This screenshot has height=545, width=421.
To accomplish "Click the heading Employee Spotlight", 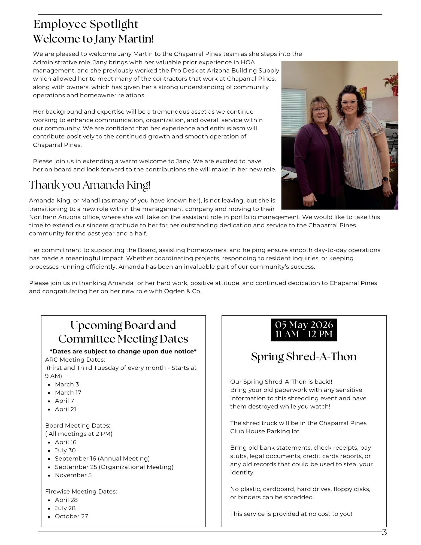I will (x=86, y=24).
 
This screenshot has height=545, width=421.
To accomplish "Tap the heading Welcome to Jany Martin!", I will (x=93, y=39).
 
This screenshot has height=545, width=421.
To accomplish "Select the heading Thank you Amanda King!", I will (x=90, y=185).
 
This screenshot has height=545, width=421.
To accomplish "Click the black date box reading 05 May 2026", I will (x=304, y=329).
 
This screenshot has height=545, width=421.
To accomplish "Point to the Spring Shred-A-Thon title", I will (x=304, y=357).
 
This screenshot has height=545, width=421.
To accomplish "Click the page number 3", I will (x=384, y=532).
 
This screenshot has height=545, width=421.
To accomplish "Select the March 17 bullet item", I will (x=68, y=393).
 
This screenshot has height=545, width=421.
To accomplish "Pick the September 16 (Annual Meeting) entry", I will (x=102, y=459).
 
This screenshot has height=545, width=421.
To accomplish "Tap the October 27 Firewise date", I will (x=71, y=516).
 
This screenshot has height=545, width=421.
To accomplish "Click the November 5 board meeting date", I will (x=73, y=475).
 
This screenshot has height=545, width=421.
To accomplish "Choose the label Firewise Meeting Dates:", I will (x=81, y=492).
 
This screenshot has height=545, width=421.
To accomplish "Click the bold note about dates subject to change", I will (x=123, y=352).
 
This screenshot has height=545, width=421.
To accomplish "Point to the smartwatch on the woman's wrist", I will (x=386, y=179).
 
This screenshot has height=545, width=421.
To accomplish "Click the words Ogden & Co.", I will (x=182, y=291).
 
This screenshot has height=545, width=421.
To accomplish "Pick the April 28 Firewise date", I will (x=66, y=500).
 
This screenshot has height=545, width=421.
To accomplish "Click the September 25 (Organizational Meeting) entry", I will (x=114, y=467).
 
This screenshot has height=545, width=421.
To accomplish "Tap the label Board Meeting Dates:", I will (x=78, y=426).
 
